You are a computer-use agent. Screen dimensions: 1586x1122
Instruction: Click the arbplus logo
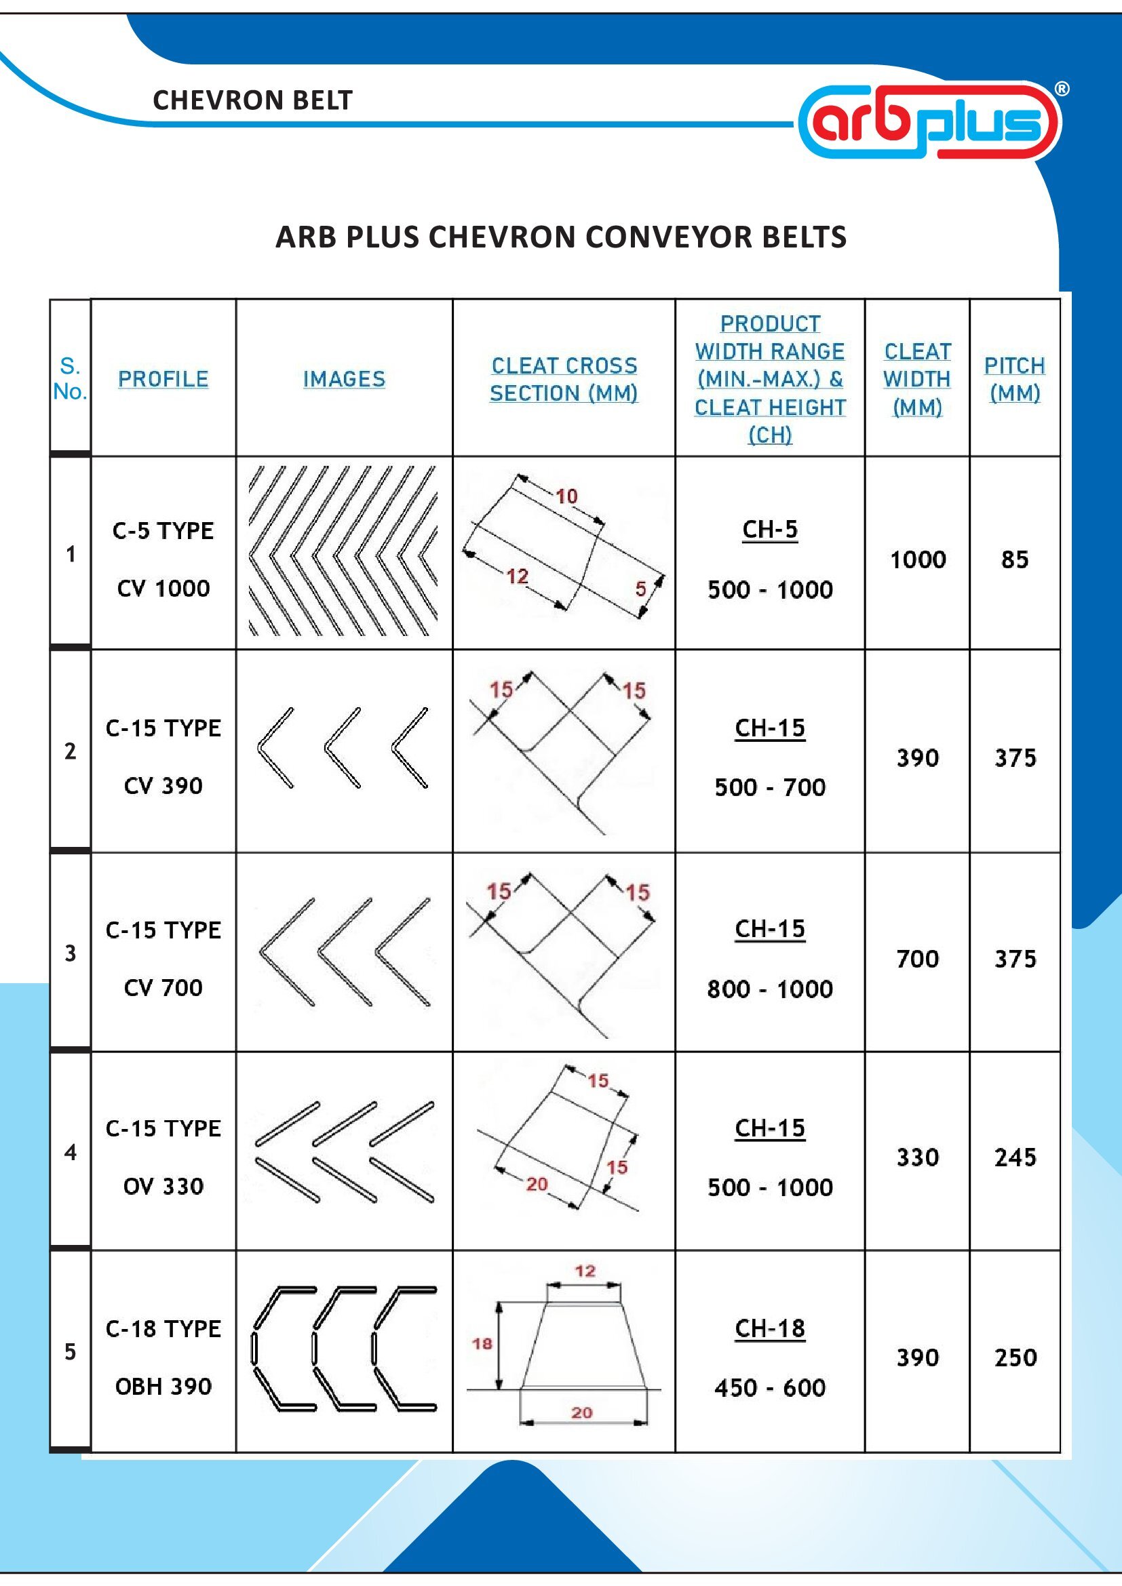(930, 121)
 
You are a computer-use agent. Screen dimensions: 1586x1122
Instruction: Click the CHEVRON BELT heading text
(252, 101)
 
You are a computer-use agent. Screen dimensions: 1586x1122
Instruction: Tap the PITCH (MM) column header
(1014, 378)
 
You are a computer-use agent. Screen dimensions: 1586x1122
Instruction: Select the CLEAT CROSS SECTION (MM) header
(564, 378)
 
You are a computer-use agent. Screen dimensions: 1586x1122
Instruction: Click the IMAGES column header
(344, 378)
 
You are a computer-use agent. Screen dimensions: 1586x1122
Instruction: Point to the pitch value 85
(1014, 559)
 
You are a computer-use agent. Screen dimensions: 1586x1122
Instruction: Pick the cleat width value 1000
(918, 559)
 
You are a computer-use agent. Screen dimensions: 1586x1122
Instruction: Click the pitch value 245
(1015, 1157)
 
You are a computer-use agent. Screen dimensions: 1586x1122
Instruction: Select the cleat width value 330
(918, 1157)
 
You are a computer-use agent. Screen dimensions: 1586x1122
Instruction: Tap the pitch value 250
(1015, 1357)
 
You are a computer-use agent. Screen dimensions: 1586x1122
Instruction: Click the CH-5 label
(770, 530)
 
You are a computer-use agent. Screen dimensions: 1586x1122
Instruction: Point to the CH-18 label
(770, 1328)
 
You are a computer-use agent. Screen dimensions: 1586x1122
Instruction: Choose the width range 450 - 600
(770, 1387)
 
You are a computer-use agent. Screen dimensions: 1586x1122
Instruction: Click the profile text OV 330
(163, 1187)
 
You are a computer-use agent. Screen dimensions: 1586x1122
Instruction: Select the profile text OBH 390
(163, 1387)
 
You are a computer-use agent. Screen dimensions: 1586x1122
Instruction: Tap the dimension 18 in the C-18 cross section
(482, 1343)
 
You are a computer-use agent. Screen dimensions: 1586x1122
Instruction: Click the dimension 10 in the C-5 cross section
(566, 496)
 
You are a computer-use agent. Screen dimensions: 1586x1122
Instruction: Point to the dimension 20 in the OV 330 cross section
(537, 1184)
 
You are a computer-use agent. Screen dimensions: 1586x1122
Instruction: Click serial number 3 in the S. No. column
(71, 954)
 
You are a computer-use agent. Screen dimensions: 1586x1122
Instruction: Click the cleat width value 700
(918, 959)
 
